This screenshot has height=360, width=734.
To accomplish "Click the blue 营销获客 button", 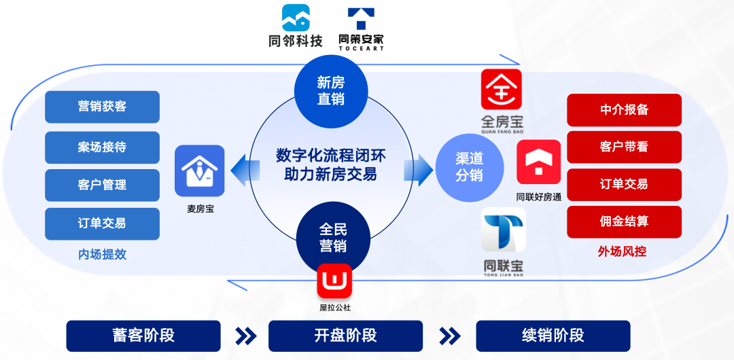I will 102,107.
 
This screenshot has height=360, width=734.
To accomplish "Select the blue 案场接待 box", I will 102,147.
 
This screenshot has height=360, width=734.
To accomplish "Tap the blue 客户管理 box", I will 102,185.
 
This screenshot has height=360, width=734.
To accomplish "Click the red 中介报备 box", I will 624,110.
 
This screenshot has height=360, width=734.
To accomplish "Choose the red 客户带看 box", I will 624,147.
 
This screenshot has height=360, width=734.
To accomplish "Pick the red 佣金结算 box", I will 624,221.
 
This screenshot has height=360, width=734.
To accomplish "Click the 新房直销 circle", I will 331,91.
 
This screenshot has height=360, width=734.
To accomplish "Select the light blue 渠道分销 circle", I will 469,166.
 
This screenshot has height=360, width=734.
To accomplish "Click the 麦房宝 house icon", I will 199,170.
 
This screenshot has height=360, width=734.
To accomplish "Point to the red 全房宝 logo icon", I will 502,89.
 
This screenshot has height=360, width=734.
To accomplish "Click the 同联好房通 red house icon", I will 539,162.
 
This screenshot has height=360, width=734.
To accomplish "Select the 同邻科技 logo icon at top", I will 296,18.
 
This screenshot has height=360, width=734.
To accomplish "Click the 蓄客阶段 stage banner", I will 143,336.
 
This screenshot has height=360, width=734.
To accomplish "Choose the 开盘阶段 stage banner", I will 345,336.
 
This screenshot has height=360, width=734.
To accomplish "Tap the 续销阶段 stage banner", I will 553,336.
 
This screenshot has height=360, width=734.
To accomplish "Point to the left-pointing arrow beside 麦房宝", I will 239,170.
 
